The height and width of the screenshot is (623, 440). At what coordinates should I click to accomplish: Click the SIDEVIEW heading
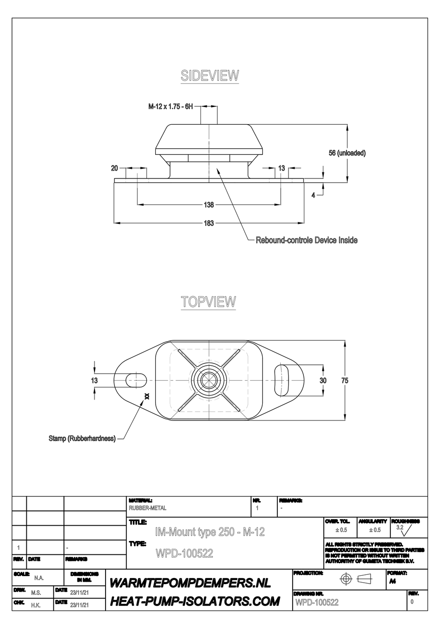click(x=209, y=76)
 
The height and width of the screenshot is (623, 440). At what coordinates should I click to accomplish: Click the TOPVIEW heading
click(x=208, y=301)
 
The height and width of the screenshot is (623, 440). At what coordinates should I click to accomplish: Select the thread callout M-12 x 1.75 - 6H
click(x=170, y=107)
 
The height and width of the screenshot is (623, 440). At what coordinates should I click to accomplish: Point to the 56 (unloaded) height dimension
click(x=347, y=153)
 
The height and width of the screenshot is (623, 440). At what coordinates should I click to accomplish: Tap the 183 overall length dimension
click(x=209, y=223)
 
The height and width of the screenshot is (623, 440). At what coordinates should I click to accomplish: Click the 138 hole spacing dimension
click(x=209, y=204)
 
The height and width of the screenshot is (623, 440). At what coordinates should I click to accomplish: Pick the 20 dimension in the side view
click(x=115, y=168)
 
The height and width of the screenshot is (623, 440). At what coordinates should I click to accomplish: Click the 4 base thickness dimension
click(x=313, y=195)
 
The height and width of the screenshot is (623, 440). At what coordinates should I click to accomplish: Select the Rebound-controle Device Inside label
click(x=306, y=240)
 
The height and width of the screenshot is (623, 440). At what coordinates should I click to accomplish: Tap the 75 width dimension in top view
click(x=345, y=381)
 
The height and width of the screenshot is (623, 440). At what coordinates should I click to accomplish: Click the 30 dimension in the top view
click(x=323, y=381)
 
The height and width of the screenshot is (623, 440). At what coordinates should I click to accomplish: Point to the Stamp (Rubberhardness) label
click(x=82, y=438)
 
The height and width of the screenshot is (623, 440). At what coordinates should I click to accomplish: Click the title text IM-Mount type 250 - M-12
click(x=210, y=532)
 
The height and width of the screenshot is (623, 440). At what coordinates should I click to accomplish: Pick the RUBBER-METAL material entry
click(x=147, y=508)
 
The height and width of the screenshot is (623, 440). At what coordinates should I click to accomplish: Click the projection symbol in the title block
click(x=355, y=579)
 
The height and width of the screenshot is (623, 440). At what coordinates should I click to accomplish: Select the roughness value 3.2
click(x=400, y=528)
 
